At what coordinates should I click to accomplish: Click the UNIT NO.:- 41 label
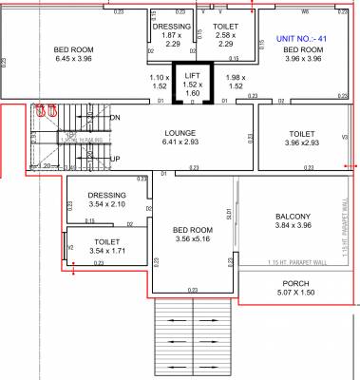point(300,38)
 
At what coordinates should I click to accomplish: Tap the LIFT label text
point(193,74)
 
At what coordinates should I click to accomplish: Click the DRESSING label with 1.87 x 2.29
point(172,27)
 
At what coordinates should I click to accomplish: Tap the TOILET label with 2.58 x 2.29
point(225,27)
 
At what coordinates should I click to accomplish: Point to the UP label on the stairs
point(116,159)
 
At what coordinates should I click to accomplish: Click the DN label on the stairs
point(115,117)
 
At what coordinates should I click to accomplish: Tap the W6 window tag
point(305,11)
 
